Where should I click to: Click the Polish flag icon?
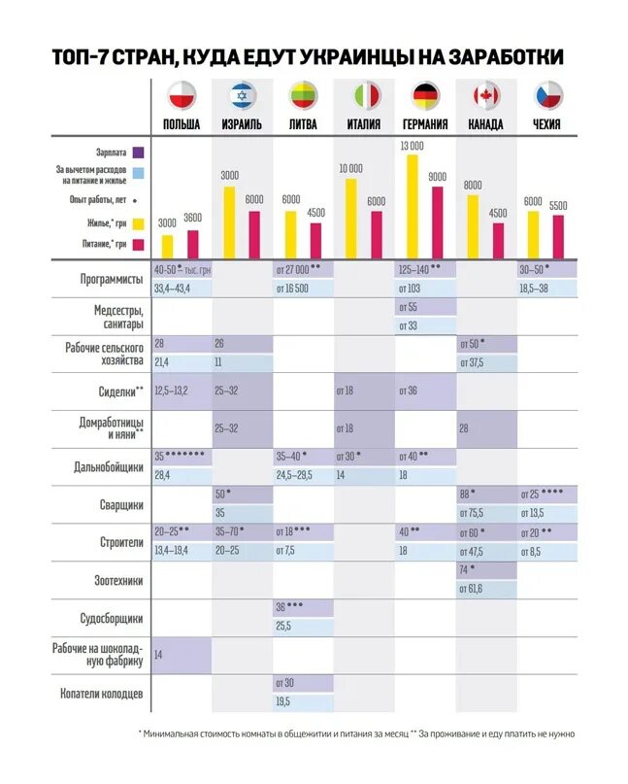tap(182, 95)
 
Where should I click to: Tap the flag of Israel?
tap(242, 95)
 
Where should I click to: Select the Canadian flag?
tap(485, 95)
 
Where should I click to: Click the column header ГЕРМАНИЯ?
tap(424, 124)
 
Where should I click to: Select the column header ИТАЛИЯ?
tap(364, 124)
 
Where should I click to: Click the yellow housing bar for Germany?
tap(413, 205)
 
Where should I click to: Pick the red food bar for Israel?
tap(254, 233)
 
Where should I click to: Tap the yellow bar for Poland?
tap(167, 246)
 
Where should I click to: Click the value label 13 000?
tap(413, 146)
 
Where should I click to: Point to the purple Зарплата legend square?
tap(139, 152)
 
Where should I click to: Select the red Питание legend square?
tap(139, 244)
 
